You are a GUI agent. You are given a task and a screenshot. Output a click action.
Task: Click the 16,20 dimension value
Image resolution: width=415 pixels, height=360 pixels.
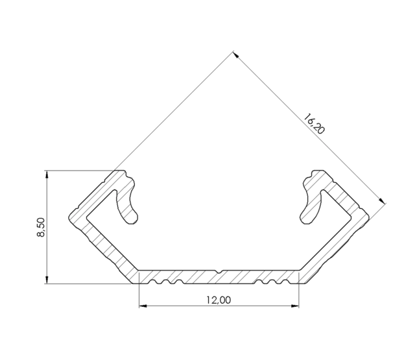[x=314, y=124]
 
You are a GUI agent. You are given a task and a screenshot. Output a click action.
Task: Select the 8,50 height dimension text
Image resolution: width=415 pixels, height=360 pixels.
[x=40, y=228]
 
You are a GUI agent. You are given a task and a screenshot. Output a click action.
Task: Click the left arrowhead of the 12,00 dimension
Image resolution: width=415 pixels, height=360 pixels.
[x=143, y=306]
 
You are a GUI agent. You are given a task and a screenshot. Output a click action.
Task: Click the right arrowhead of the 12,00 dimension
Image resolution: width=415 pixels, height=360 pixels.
[x=295, y=306]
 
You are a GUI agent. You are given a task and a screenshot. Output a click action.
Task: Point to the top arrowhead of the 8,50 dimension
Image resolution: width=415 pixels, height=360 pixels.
[x=47, y=174]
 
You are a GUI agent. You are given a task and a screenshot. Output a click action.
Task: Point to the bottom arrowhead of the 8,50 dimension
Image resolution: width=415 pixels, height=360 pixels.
[x=47, y=280]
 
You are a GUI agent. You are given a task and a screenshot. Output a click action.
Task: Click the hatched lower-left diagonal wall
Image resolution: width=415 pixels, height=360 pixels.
[x=107, y=246]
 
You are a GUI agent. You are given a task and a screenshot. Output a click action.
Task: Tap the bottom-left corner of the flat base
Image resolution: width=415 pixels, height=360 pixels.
[x=139, y=283]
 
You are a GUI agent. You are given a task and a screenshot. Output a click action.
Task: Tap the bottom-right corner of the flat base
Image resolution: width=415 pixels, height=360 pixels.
[x=300, y=283]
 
